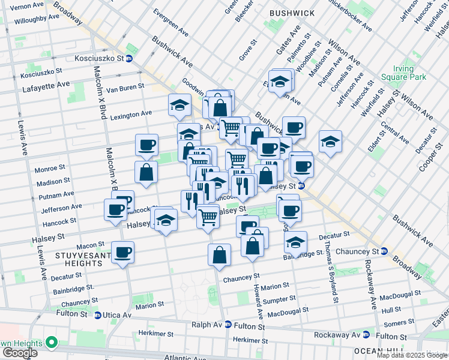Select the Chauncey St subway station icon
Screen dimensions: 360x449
click(x=384, y=251)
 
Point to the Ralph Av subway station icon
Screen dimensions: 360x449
click(x=228, y=325)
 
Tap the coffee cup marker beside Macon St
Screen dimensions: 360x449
click(x=123, y=252)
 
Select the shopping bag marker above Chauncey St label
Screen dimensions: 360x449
click(x=220, y=254)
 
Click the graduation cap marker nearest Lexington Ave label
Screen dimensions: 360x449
click(x=179, y=105)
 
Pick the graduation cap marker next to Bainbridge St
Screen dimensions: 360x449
click(x=295, y=242)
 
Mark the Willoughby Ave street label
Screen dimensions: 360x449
click(x=38, y=19)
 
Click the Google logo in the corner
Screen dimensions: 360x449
click(x=20, y=352)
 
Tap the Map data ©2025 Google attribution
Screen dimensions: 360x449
click(x=412, y=355)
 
